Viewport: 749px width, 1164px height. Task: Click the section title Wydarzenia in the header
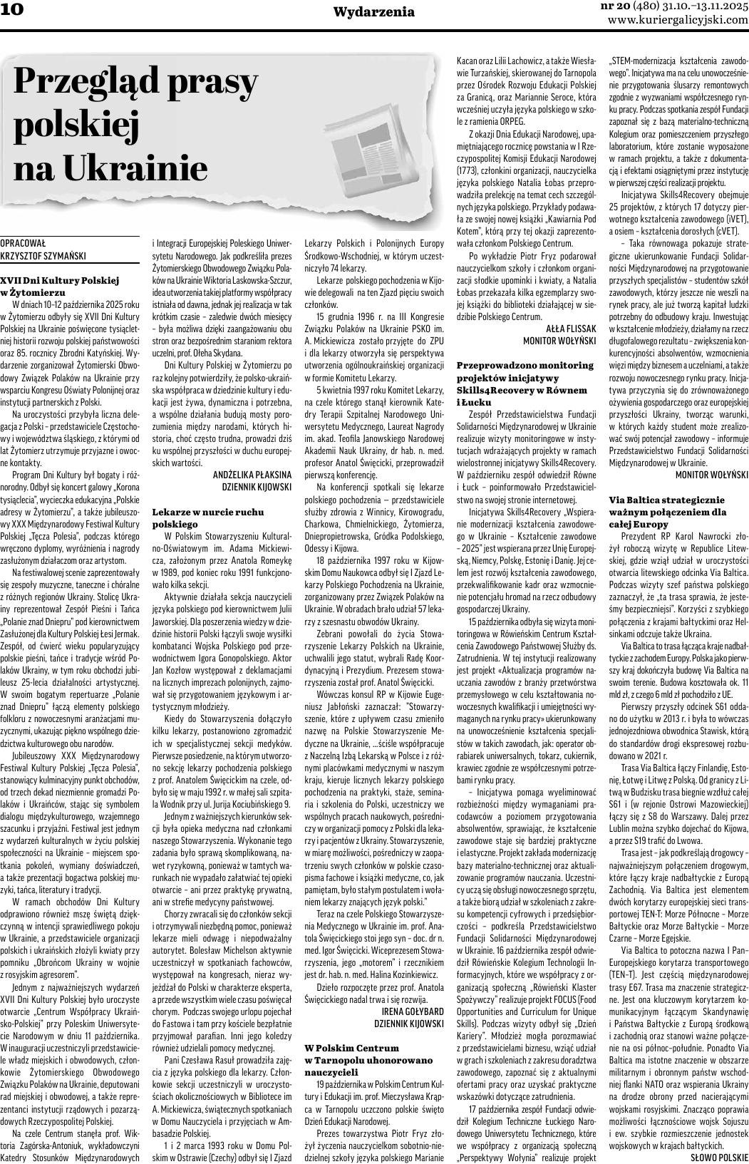[373, 11]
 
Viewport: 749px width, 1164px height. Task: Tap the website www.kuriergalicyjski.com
[678, 20]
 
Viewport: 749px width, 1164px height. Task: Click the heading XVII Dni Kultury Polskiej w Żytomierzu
[60, 287]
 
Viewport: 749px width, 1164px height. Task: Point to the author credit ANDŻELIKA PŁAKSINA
[252, 474]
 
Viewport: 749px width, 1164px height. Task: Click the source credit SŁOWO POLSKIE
[718, 1157]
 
